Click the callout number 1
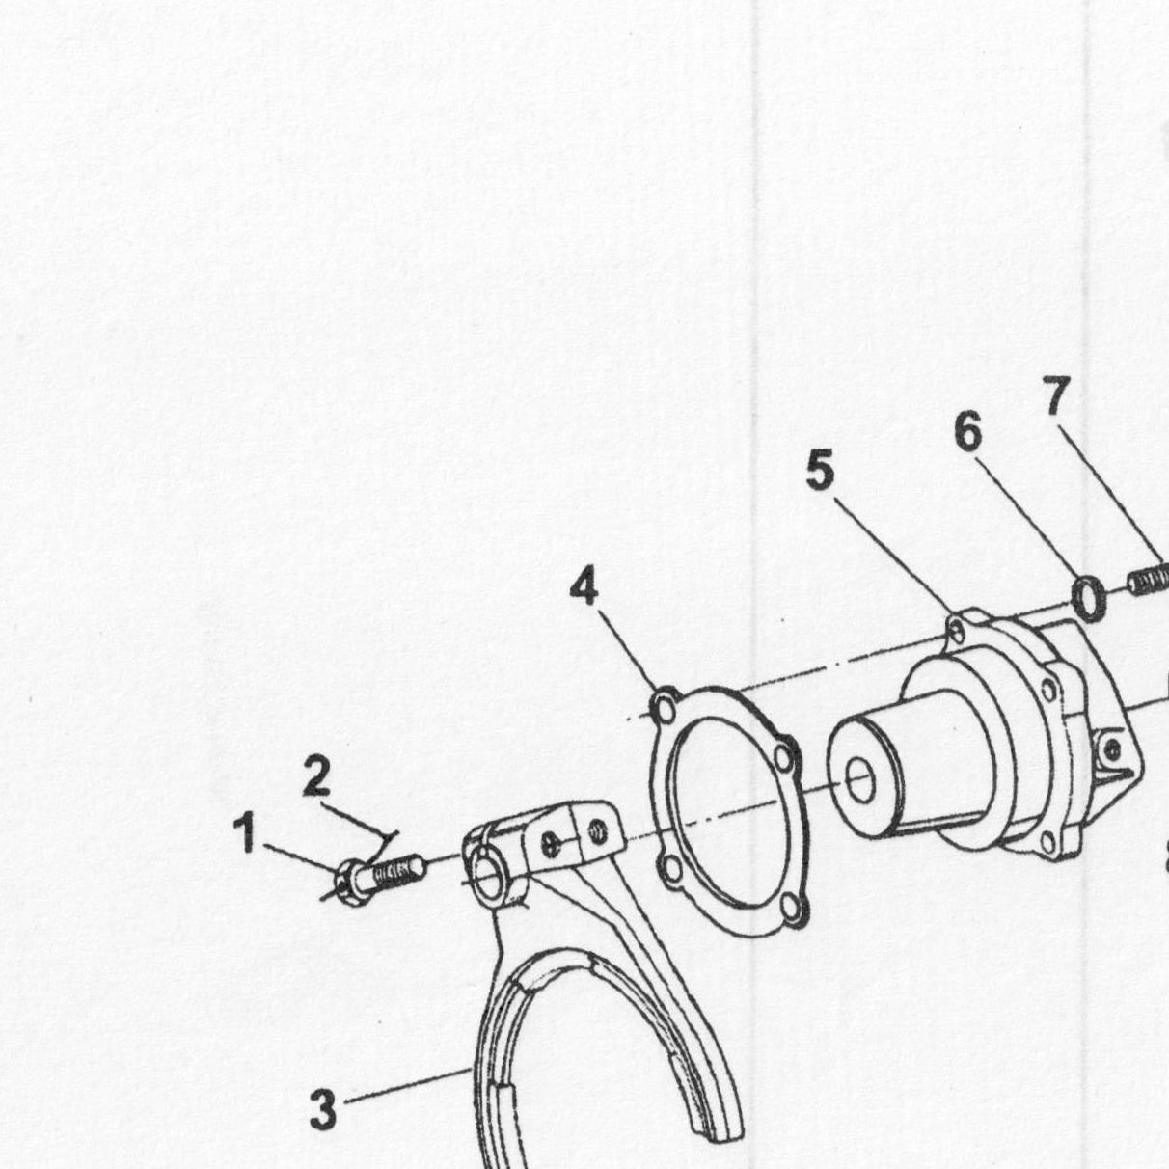(x=246, y=832)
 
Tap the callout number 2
(x=316, y=775)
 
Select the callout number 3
(x=323, y=1109)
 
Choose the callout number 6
(x=967, y=431)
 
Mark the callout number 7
(x=1056, y=394)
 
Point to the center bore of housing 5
(x=860, y=780)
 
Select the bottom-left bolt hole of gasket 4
(x=671, y=868)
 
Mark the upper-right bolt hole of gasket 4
(x=783, y=758)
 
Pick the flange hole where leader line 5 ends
(x=957, y=632)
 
